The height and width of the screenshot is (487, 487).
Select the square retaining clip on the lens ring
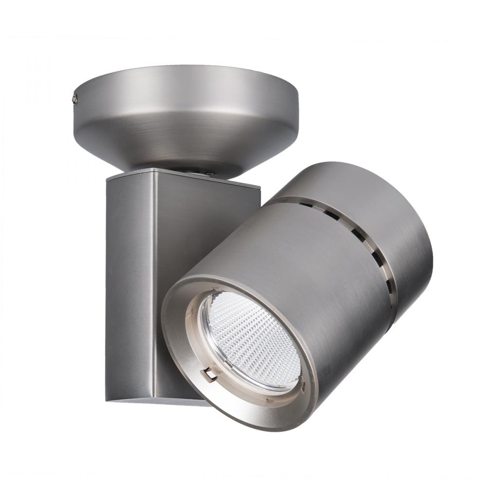(210, 374)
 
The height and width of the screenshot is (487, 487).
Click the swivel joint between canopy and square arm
(195, 171)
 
